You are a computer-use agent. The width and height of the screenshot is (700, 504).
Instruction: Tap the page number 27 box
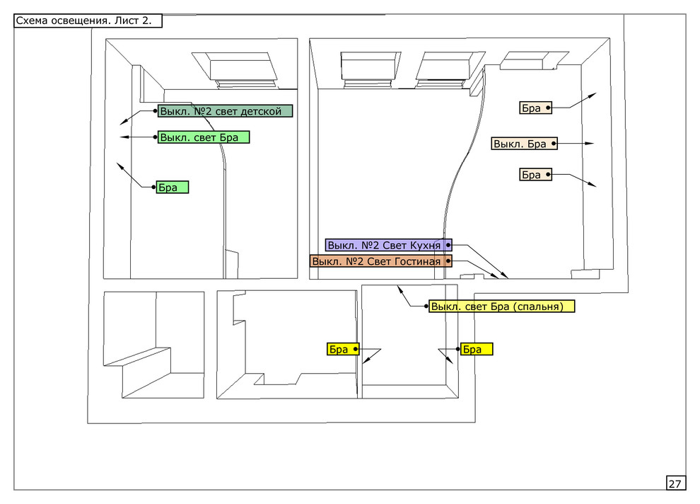pos(675,483)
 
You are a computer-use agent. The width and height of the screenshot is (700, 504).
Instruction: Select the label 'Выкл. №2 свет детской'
pos(225,111)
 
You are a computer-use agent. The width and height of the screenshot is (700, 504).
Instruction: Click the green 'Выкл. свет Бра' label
pos(204,137)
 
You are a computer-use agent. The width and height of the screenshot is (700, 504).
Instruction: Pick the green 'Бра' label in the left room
pos(173,188)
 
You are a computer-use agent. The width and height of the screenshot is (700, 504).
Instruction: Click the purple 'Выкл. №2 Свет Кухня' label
pos(388,245)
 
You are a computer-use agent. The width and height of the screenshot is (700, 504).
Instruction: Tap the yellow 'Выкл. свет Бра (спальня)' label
pos(501,307)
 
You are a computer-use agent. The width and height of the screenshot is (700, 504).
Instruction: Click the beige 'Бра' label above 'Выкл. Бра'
pos(535,108)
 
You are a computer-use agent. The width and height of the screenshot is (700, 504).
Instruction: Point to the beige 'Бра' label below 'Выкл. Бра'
pos(535,175)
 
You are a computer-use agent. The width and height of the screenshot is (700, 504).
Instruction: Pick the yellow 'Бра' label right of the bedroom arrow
pos(476,349)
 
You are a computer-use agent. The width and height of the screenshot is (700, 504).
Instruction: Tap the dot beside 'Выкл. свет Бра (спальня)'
pos(427,307)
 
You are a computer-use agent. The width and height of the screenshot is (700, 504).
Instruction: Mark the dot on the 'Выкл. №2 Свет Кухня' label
pos(448,245)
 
